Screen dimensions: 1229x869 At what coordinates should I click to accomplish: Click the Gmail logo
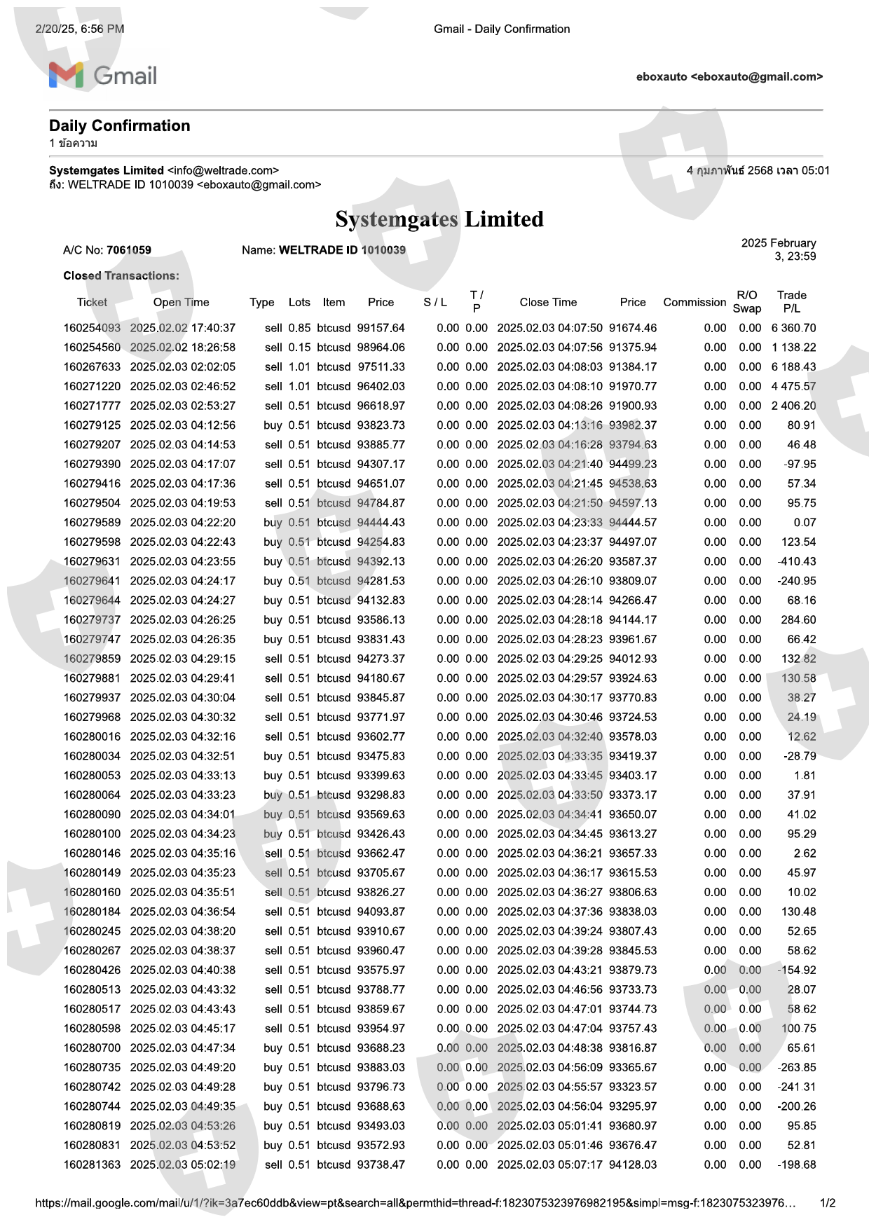(x=103, y=76)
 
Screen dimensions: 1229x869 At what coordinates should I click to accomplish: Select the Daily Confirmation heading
(x=120, y=126)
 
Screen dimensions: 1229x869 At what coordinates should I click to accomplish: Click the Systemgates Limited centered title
(x=439, y=219)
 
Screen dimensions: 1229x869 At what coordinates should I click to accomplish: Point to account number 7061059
(x=129, y=250)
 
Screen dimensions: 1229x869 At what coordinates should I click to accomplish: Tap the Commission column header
(x=694, y=302)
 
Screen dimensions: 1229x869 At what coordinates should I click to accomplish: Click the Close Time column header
(x=548, y=302)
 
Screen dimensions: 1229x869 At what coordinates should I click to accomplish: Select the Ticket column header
(x=92, y=302)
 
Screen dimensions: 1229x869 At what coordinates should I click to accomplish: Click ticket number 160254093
(x=92, y=328)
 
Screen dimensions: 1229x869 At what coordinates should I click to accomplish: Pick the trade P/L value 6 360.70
(x=793, y=328)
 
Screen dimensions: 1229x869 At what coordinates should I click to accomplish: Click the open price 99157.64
(x=381, y=328)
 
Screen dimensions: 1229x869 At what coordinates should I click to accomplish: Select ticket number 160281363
(x=92, y=1165)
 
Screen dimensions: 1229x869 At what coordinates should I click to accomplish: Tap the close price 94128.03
(x=633, y=1165)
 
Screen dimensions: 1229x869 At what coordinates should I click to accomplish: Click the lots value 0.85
(x=299, y=328)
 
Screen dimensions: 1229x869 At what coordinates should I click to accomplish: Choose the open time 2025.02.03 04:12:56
(x=183, y=425)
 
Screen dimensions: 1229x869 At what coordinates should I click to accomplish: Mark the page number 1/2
(x=828, y=1203)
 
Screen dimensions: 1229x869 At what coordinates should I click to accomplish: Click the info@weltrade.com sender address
(x=223, y=170)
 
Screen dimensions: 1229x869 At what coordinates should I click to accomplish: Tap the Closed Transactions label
(x=121, y=276)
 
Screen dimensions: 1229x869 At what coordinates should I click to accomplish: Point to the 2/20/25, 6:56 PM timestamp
(x=80, y=29)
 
